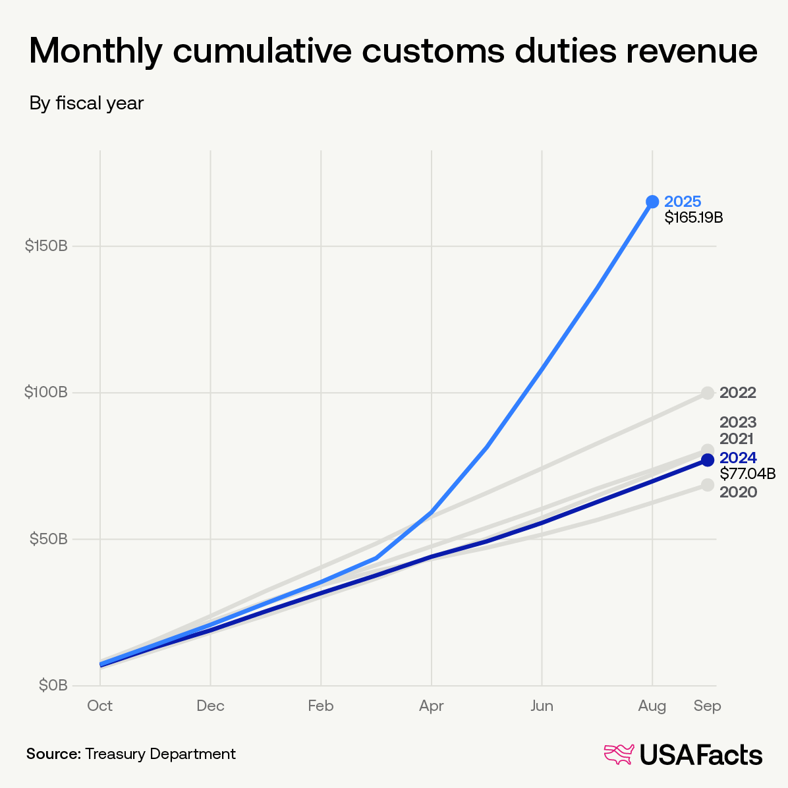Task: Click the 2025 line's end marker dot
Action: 652,202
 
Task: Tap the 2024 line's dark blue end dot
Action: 708,460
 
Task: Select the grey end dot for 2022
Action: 708,393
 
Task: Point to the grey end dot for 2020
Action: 708,485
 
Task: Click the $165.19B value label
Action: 694,217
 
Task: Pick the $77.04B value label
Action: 747,474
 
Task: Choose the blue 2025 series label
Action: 683,202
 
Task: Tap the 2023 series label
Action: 738,422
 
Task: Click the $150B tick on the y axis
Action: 46,246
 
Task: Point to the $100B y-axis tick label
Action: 46,393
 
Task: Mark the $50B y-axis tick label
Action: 49,539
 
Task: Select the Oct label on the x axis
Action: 100,706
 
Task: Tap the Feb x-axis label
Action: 321,706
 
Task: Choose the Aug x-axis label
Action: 652,706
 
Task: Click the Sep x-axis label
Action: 708,706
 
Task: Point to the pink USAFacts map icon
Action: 619,755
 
